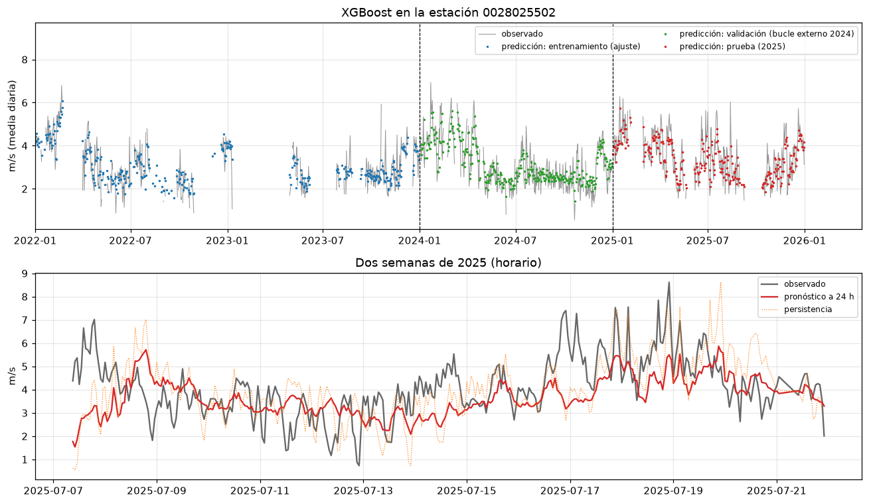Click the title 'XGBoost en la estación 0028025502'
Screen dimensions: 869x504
tap(448, 13)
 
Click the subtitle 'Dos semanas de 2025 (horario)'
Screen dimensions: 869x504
tap(448, 263)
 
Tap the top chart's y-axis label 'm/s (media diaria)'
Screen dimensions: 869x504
tap(12, 126)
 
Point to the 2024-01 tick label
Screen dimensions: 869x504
tap(420, 240)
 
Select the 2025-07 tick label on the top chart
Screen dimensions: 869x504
tap(708, 240)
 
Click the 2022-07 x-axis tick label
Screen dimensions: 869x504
tap(131, 240)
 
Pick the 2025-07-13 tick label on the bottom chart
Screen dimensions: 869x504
tap(364, 491)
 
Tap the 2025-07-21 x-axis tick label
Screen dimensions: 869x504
tap(777, 491)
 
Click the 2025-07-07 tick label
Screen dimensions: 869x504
tap(53, 491)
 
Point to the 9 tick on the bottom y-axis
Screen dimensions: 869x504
tap(25, 274)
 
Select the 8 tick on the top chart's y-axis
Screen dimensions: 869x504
tap(25, 60)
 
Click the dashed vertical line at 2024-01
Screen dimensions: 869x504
tap(420, 126)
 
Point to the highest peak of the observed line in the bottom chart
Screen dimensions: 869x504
tap(669, 282)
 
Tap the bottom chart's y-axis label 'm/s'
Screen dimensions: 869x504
tap(12, 376)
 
